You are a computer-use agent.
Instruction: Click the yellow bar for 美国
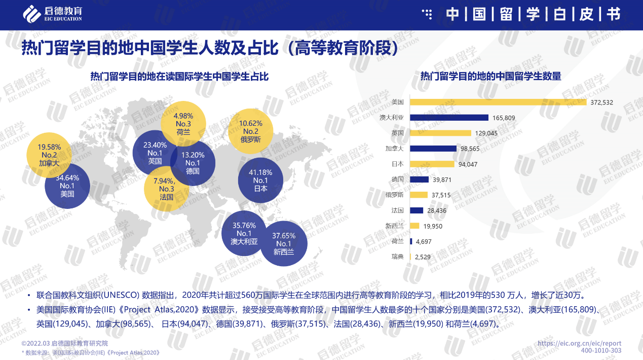click(x=499, y=102)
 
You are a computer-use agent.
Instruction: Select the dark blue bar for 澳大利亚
click(x=449, y=118)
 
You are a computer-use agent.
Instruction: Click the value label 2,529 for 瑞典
click(x=423, y=257)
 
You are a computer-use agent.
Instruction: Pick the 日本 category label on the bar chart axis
click(x=398, y=164)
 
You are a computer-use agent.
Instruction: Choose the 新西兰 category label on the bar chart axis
click(x=395, y=226)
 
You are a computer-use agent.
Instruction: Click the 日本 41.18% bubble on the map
click(x=260, y=181)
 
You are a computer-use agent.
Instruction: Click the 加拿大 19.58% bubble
click(x=49, y=155)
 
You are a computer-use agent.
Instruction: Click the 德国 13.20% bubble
click(x=193, y=163)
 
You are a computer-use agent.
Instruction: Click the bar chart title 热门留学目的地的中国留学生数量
click(x=490, y=77)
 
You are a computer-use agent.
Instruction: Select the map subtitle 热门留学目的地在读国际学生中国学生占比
click(x=179, y=77)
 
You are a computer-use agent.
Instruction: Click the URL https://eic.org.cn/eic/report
click(x=579, y=343)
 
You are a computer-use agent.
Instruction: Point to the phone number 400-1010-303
click(x=601, y=351)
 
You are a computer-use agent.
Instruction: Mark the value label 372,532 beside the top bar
click(x=601, y=102)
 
